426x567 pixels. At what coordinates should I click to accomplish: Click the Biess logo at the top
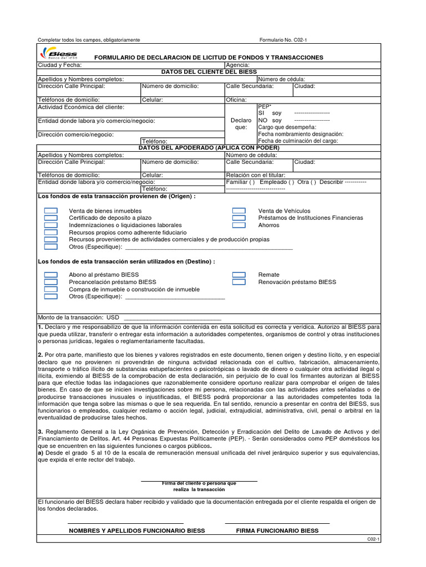click(x=59, y=54)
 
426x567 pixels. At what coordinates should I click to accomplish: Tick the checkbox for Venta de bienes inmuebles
click(x=51, y=211)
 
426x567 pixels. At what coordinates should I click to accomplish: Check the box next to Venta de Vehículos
click(x=239, y=211)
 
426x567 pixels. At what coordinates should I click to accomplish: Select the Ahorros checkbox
click(x=239, y=225)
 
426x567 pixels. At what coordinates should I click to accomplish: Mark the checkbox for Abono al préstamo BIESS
click(x=51, y=275)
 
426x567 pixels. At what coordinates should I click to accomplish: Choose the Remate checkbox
click(x=239, y=275)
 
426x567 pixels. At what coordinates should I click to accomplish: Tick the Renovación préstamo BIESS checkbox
click(x=239, y=282)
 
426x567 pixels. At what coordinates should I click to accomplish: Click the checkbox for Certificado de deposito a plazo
click(x=51, y=218)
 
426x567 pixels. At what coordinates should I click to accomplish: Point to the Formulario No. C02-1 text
click(x=287, y=40)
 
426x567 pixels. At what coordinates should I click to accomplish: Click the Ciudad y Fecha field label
click(x=59, y=65)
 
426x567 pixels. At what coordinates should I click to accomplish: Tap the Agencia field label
click(x=237, y=65)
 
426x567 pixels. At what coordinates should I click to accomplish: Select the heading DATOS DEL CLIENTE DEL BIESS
click(x=209, y=72)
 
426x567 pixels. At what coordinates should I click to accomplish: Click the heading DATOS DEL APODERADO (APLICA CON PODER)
click(x=209, y=148)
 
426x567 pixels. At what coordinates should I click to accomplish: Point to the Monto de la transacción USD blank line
click(x=173, y=318)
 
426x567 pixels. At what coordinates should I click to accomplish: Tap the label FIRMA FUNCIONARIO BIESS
click(x=277, y=530)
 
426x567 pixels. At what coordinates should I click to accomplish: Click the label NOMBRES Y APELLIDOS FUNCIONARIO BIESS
click(x=136, y=530)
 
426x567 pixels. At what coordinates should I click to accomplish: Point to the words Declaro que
click(x=241, y=123)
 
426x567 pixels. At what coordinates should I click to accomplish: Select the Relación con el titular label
click(x=253, y=175)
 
